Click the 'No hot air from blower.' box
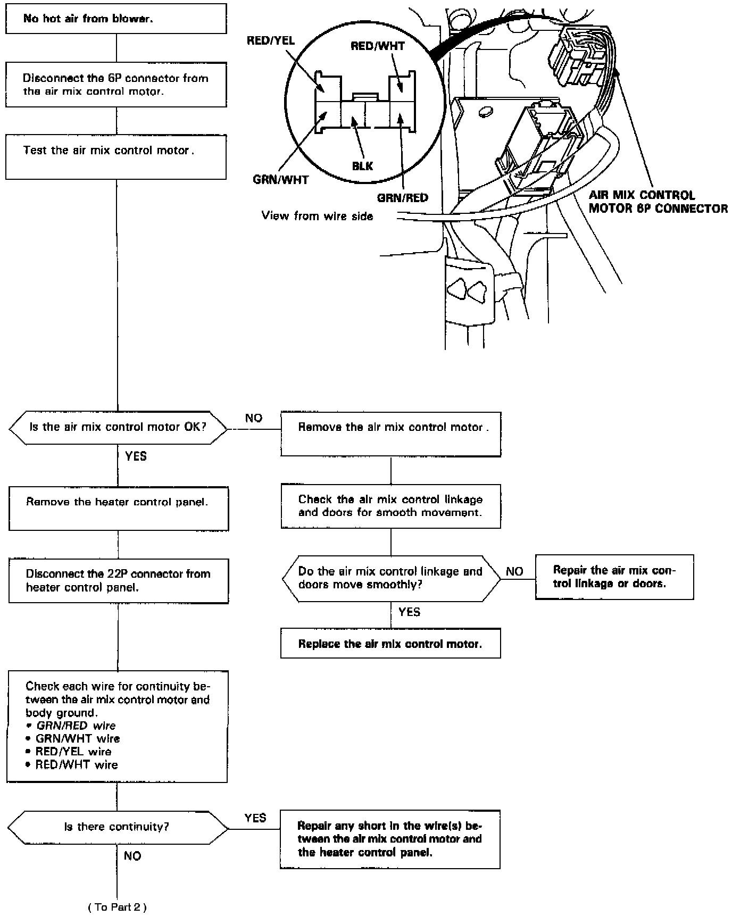click(116, 19)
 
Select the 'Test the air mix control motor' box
click(116, 156)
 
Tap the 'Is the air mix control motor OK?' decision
click(118, 427)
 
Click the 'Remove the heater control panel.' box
click(118, 508)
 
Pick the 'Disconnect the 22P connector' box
click(118, 580)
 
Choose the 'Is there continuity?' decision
click(117, 827)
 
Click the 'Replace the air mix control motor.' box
click(390, 644)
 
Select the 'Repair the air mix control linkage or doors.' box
click(614, 577)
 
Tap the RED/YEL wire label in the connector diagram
click(270, 41)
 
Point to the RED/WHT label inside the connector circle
click(378, 46)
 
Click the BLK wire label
click(362, 166)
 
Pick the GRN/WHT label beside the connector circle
click(280, 180)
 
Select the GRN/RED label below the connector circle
click(402, 198)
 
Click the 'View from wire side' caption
click(317, 216)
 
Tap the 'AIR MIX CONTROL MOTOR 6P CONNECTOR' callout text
click(658, 202)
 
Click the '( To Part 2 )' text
click(117, 906)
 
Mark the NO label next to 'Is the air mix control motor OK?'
click(254, 418)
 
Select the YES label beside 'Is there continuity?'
click(255, 818)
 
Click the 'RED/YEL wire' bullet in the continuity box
click(73, 752)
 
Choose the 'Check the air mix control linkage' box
click(390, 506)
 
